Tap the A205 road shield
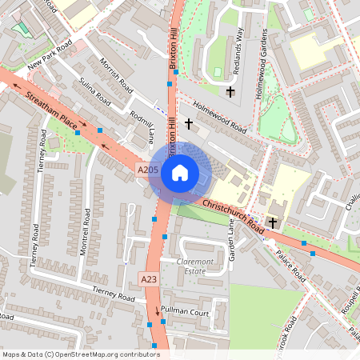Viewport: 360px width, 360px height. [x=147, y=170]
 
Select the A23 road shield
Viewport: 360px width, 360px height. [x=149, y=279]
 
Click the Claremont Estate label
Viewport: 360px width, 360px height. [x=191, y=266]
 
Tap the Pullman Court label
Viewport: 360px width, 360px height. [x=184, y=309]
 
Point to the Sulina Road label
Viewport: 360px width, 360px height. [x=95, y=92]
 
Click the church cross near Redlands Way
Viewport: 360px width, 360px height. [x=230, y=93]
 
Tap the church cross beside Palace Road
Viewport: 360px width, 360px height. [x=273, y=222]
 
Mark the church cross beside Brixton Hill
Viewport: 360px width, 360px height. [x=190, y=124]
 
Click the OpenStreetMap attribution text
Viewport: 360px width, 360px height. [x=81, y=354]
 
